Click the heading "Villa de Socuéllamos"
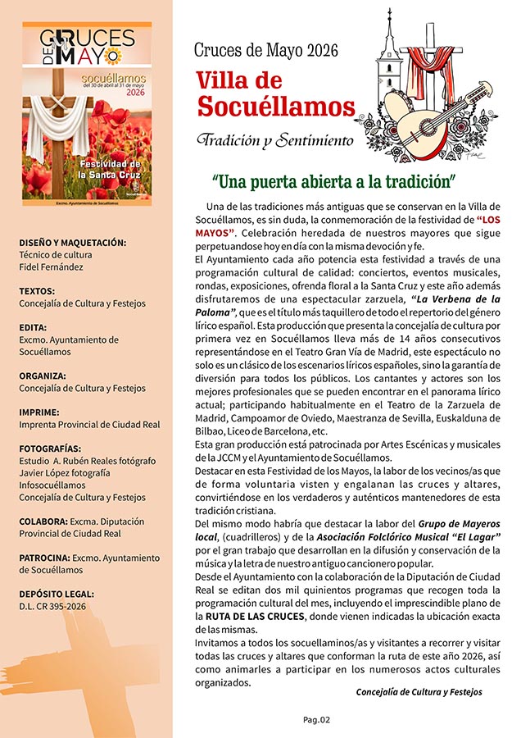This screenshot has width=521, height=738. point(274,93)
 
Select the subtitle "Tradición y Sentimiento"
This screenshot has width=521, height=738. point(274,139)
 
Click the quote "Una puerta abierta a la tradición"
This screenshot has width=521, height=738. point(333,180)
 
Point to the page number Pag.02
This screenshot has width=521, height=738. point(315,720)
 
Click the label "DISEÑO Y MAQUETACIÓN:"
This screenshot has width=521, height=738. point(72,243)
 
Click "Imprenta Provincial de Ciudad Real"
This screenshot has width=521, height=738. point(89,425)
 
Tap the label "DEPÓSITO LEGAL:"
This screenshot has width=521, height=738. point(57,594)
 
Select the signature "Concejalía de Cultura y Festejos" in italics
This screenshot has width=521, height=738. point(419,692)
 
